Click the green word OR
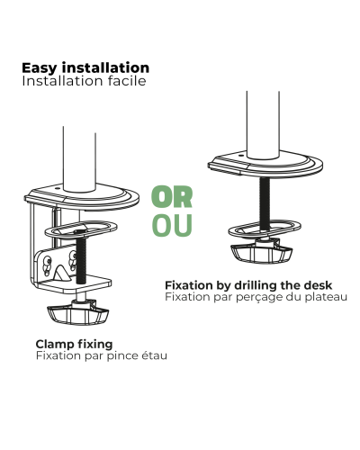[172, 197]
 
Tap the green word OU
[172, 225]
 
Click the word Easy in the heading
[39, 68]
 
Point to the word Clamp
[55, 345]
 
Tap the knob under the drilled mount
[262, 252]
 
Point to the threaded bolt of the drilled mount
[265, 203]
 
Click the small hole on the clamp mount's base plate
[58, 189]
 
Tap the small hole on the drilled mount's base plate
[240, 156]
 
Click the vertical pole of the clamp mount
[79, 159]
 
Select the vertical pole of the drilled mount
[263, 125]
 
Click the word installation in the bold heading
[105, 67]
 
